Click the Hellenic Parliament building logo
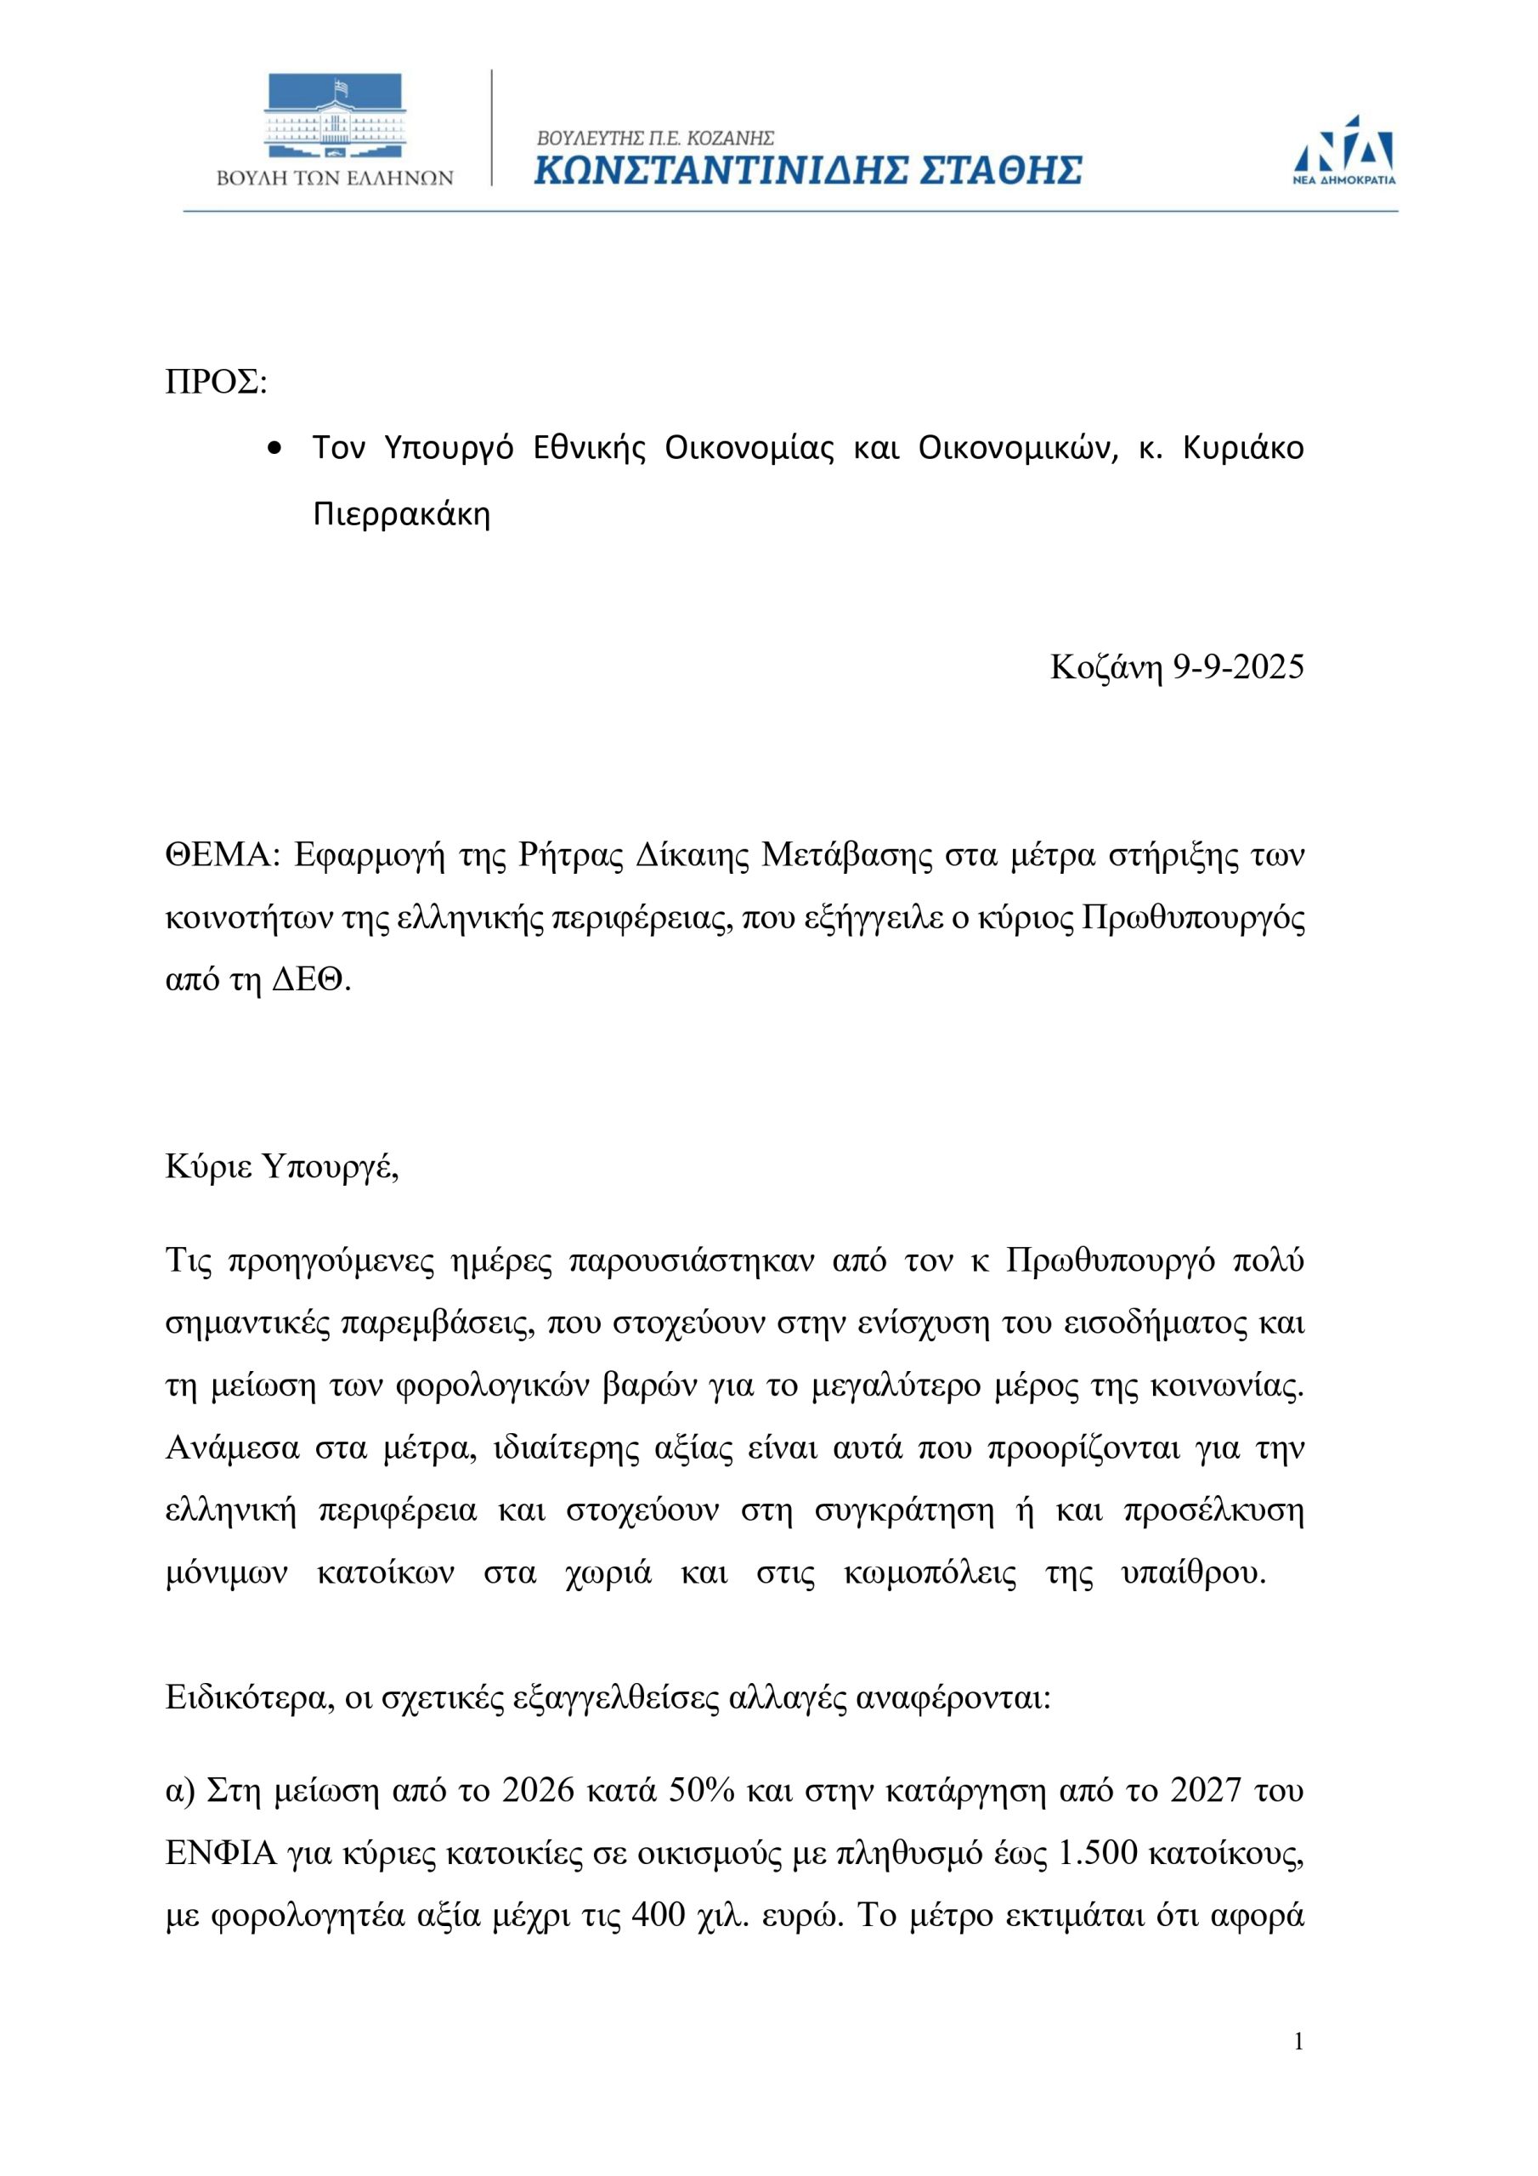pyautogui.click(x=335, y=117)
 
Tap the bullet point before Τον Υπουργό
pyautogui.click(x=276, y=448)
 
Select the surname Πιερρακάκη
pyautogui.click(x=402, y=514)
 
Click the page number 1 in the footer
pyautogui.click(x=1298, y=2068)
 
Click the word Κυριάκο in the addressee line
pyautogui.click(x=1243, y=447)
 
